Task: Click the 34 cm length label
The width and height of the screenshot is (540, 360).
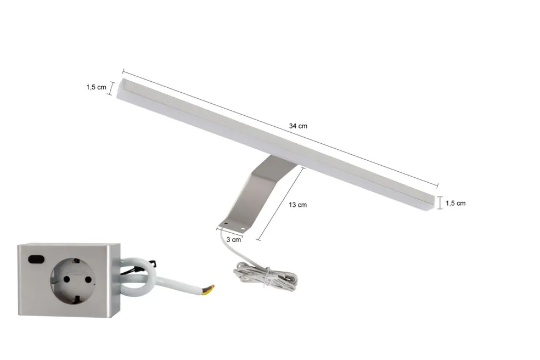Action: tap(298, 126)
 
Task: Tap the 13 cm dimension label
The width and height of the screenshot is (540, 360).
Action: tap(297, 205)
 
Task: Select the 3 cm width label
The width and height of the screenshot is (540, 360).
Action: tap(233, 239)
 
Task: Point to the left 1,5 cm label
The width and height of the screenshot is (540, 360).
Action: tap(96, 87)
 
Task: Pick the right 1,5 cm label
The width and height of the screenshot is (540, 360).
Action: tap(455, 203)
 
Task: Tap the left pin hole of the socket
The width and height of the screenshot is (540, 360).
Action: tap(67, 279)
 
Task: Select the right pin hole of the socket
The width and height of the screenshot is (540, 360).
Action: tap(88, 279)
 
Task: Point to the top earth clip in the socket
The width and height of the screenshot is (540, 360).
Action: tap(78, 262)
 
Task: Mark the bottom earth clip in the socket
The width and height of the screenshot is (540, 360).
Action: tap(76, 302)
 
